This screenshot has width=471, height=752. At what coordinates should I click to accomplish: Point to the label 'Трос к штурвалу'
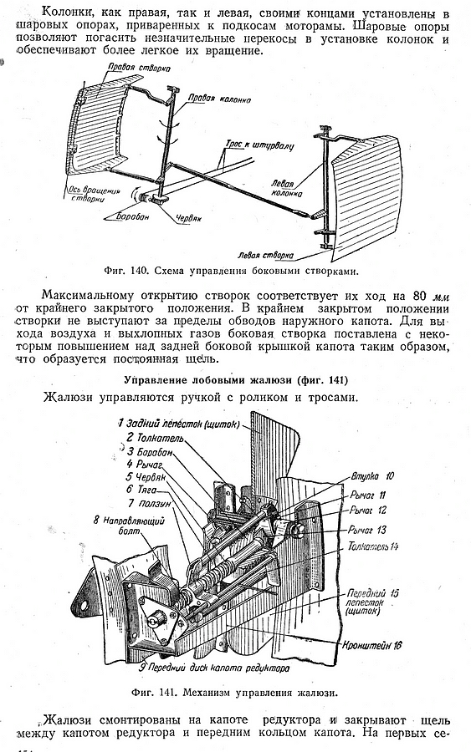pyautogui.click(x=259, y=144)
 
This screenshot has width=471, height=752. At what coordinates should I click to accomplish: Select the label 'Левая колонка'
pyautogui.click(x=286, y=189)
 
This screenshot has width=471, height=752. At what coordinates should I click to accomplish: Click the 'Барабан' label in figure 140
pyautogui.click(x=132, y=216)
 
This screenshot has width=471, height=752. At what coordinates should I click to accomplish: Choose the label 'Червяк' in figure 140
pyautogui.click(x=187, y=218)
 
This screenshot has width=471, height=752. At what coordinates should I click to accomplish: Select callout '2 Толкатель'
pyautogui.click(x=155, y=438)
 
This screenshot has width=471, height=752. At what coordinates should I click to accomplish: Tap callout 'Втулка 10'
pyautogui.click(x=372, y=476)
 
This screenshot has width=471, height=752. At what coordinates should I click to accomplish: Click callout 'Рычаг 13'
pyautogui.click(x=368, y=530)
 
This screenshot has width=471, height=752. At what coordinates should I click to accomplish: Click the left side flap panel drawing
pyautogui.click(x=366, y=192)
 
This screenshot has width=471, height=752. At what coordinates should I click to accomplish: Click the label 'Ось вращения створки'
pyautogui.click(x=90, y=194)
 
